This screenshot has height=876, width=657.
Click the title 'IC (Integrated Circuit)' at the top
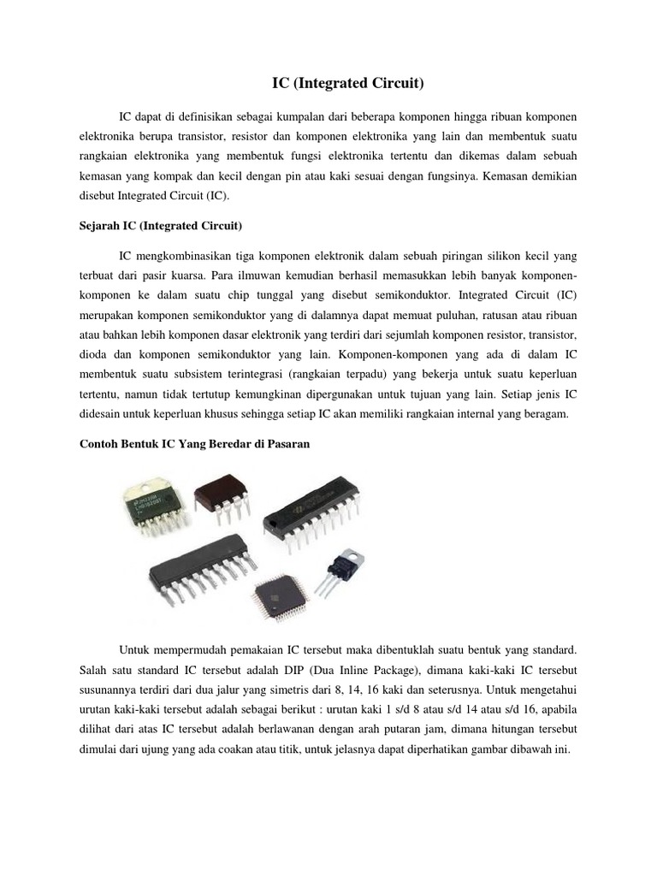(347, 83)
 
